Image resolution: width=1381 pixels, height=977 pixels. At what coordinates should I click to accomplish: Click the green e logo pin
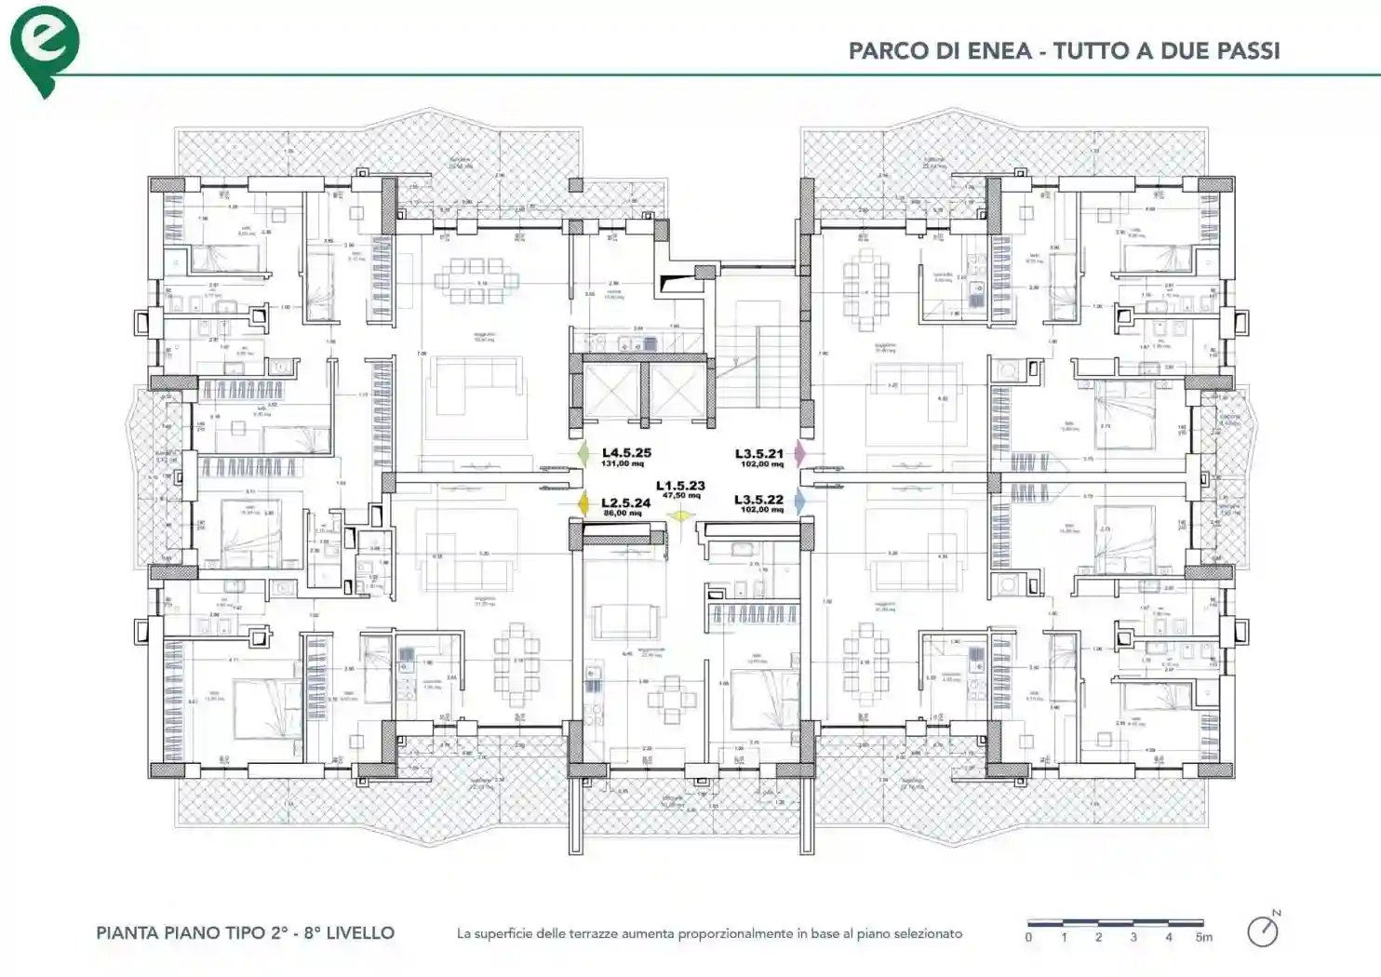[x=44, y=48]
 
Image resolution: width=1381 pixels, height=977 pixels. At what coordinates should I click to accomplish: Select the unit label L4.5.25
[x=626, y=452]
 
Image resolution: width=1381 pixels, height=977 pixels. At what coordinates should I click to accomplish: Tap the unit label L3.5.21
[x=759, y=453]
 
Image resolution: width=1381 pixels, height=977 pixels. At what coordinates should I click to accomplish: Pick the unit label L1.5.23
[x=680, y=486]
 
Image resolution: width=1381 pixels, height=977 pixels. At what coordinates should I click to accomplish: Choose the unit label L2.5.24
[x=625, y=502]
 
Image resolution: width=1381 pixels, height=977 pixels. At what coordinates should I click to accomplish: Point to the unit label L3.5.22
[x=758, y=500]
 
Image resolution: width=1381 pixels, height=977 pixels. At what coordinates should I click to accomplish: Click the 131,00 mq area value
[x=623, y=463]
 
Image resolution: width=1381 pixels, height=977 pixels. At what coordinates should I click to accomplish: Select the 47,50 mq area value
[x=680, y=496]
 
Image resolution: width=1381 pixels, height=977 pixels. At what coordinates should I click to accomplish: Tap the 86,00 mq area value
[x=622, y=513]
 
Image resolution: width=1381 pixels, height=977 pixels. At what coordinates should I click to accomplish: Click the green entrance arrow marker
[x=583, y=453]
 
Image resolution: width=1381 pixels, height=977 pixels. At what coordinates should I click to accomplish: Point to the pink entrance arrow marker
[x=799, y=453]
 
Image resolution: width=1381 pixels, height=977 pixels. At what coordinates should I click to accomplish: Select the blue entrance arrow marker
[x=799, y=502]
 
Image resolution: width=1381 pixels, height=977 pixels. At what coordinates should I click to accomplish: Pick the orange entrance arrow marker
[x=583, y=503]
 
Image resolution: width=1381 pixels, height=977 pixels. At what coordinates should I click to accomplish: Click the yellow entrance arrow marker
[x=681, y=515]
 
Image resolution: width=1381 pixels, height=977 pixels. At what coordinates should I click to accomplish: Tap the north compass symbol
[x=1263, y=930]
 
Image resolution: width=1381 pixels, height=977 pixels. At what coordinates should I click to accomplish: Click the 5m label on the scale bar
[x=1204, y=937]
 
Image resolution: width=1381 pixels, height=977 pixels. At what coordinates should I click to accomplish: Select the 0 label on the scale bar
[x=1028, y=937]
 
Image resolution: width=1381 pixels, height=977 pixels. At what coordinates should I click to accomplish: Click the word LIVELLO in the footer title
[x=359, y=932]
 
